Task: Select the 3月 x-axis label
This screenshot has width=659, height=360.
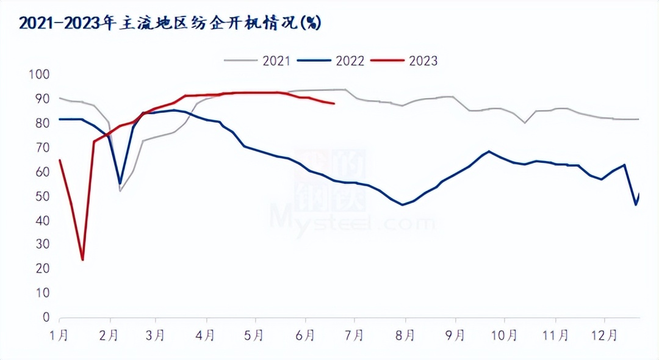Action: (x=157, y=335)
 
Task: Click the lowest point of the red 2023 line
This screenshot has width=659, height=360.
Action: (x=82, y=260)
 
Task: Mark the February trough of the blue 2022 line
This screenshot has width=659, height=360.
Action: (x=120, y=183)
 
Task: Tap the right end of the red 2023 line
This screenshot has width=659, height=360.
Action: (x=334, y=104)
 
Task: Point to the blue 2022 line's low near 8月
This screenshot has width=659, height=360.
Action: (x=403, y=204)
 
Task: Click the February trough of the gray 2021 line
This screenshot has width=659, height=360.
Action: (x=120, y=191)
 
